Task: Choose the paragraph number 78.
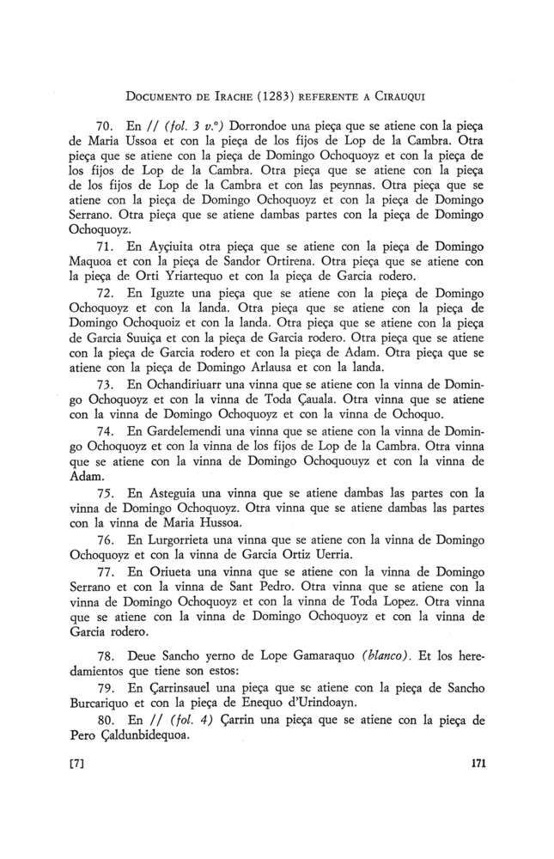coord(102,656)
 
